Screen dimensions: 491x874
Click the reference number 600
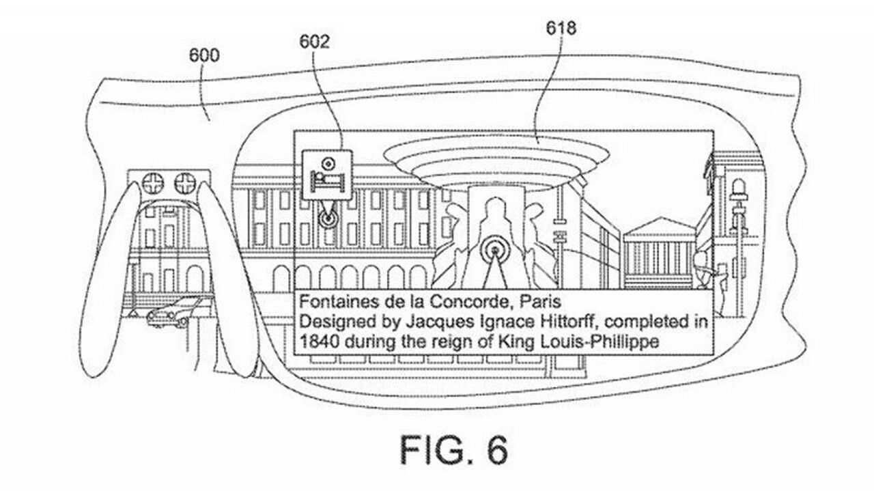(205, 55)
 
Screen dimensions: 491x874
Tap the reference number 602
(315, 42)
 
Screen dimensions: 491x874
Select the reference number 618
(561, 28)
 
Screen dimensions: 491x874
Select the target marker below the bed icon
(326, 220)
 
